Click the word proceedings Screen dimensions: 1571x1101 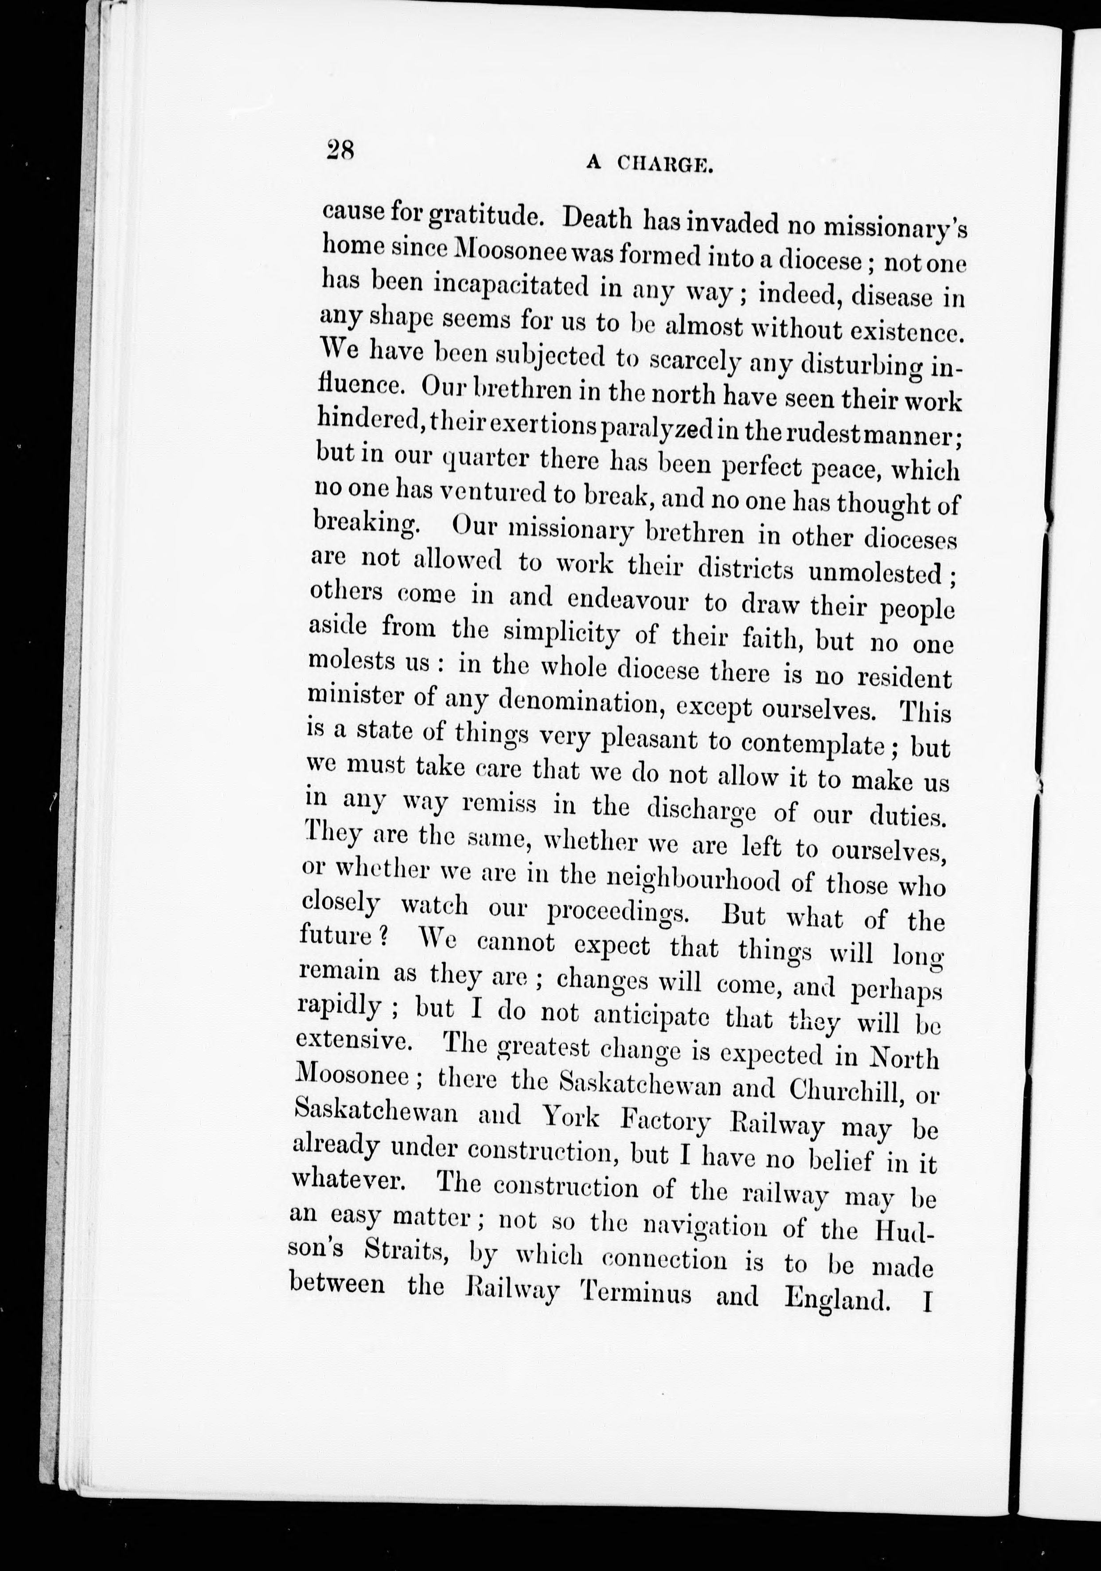[618, 912]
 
